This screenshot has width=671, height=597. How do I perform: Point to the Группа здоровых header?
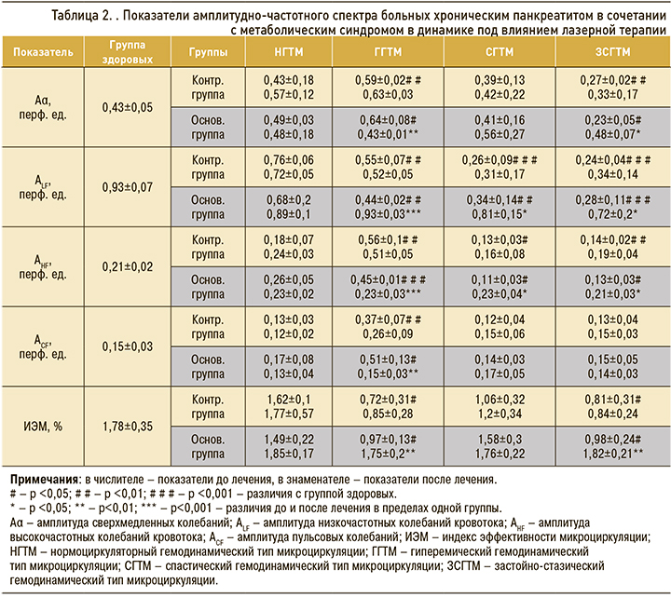127,54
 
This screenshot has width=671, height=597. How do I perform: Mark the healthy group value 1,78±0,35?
127,427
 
